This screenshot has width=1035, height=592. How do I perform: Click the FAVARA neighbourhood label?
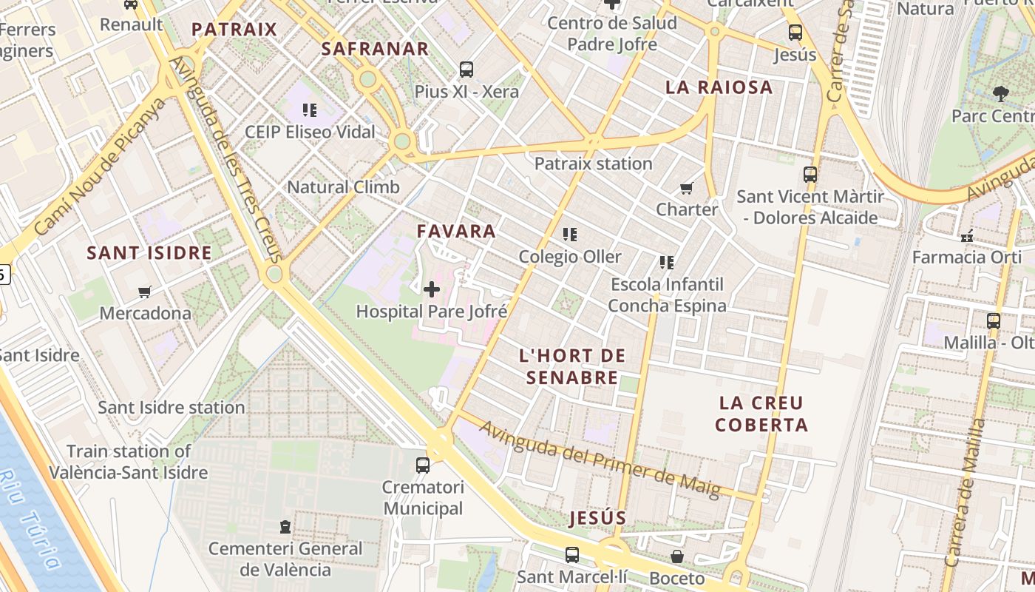coord(456,231)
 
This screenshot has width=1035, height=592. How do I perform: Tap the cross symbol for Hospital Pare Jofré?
coord(432,289)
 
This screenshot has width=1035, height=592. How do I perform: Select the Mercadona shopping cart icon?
coord(145,292)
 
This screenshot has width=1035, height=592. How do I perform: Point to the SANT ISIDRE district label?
coord(149,252)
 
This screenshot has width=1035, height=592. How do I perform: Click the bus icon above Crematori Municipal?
coord(423,465)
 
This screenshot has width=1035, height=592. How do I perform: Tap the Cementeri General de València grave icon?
coord(285,527)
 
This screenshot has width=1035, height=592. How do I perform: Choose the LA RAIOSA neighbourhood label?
coord(719,87)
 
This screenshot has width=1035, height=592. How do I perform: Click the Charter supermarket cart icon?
coord(687,188)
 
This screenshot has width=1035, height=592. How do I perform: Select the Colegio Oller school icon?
coord(569,235)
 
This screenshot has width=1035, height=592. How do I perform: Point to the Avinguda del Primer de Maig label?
coord(600,459)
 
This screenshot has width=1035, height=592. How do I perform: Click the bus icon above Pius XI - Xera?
coord(466,70)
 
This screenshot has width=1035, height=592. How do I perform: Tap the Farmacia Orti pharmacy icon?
coord(967,236)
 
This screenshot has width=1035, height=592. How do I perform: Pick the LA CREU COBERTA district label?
coord(761,414)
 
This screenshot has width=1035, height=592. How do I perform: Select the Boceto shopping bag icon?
coord(677,556)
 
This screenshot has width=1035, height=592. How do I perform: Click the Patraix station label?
coord(593,164)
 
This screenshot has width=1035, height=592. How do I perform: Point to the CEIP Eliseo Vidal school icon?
coord(310,110)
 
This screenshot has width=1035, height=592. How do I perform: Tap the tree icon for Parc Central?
coord(1001,94)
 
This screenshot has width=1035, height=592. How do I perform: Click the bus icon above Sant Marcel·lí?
coord(572,554)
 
